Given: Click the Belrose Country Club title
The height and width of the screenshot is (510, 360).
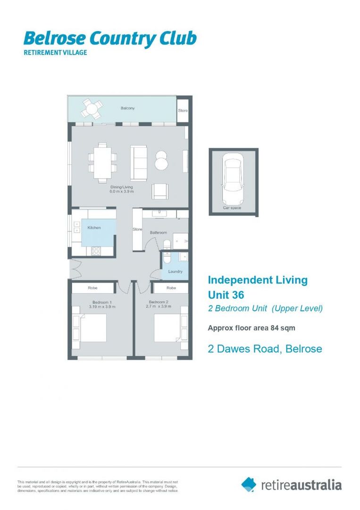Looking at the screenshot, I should click(109, 39).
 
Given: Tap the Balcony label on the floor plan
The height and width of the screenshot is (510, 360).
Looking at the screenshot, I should click(127, 108).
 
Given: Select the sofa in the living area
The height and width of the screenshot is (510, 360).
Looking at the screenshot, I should click(139, 163).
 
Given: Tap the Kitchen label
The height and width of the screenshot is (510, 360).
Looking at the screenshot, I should click(94, 228).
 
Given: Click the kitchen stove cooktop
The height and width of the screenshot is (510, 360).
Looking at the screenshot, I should click(96, 251).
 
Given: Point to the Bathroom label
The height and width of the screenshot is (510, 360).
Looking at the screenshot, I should click(158, 232).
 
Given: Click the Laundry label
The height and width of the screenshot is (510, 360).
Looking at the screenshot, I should click(175, 272).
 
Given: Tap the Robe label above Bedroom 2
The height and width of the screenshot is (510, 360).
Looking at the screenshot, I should click(171, 288).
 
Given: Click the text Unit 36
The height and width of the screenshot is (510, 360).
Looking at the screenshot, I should click(226, 295).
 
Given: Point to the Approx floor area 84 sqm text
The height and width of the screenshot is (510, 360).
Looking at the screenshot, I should click(252, 328).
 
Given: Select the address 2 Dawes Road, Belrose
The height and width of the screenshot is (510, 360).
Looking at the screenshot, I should click(265, 349).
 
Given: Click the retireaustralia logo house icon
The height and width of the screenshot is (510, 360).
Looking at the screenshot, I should click(249, 484).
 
